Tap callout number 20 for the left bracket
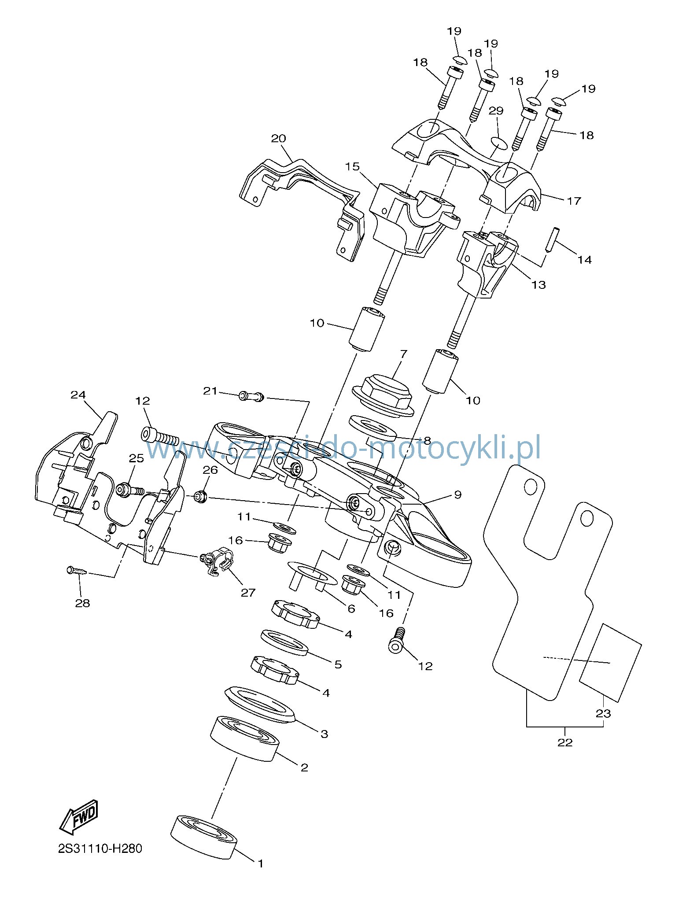pyautogui.click(x=278, y=138)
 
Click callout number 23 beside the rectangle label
pyautogui.click(x=603, y=713)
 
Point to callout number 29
pyautogui.click(x=496, y=110)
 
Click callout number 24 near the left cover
pyautogui.click(x=78, y=395)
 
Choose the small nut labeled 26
pyautogui.click(x=200, y=497)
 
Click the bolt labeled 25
pyautogui.click(x=130, y=490)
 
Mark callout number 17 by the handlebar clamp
pyautogui.click(x=574, y=201)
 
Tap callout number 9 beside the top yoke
pyautogui.click(x=458, y=494)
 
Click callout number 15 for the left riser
pyautogui.click(x=352, y=167)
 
